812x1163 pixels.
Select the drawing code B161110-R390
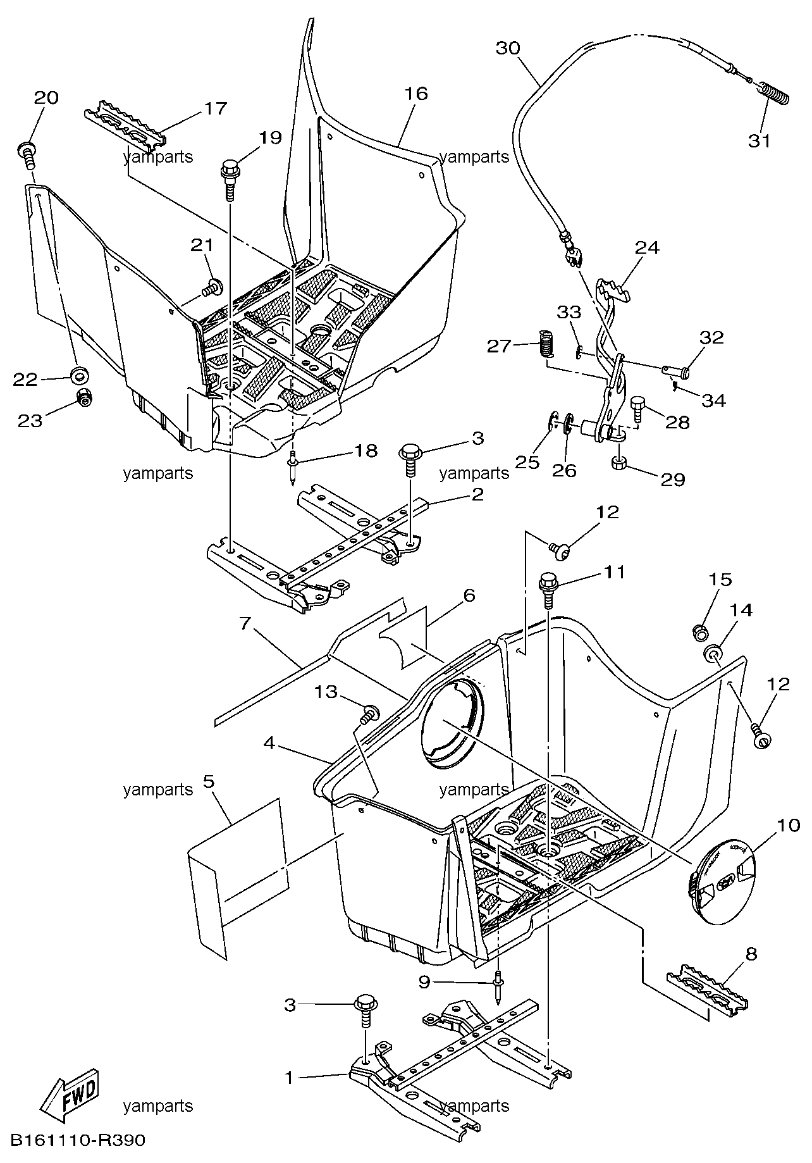point(78,1141)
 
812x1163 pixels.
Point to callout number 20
point(46,97)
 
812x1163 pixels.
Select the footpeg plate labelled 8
point(710,1000)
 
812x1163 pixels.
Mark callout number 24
point(647,247)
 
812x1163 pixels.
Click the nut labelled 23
point(82,398)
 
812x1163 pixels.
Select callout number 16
point(416,94)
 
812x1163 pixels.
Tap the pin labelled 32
point(673,368)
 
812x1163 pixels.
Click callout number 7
point(246,623)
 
